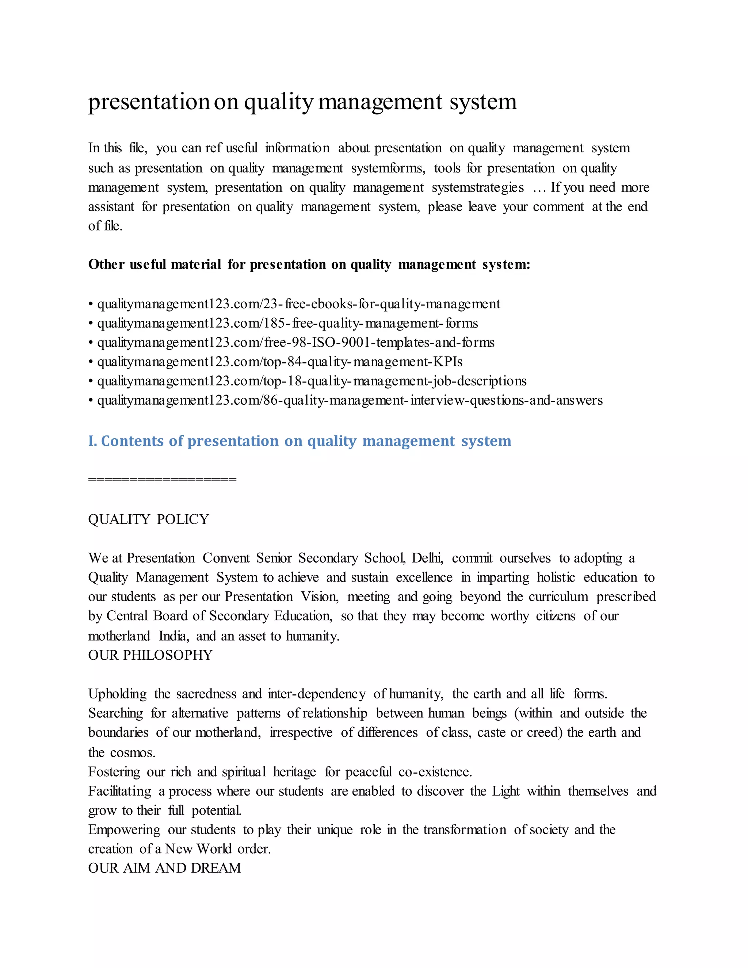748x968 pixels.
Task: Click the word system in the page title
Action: [x=483, y=102]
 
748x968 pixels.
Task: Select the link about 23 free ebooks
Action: [x=299, y=304]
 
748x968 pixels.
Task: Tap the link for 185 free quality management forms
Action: [x=287, y=323]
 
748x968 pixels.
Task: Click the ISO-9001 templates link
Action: [x=295, y=343]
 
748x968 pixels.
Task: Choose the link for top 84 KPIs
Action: [x=280, y=362]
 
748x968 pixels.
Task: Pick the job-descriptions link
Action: [x=312, y=381]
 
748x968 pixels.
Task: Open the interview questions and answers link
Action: [x=350, y=400]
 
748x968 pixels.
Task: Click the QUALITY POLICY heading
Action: [x=148, y=519]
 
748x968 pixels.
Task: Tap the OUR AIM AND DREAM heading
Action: [x=164, y=868]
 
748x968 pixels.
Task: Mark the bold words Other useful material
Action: [x=154, y=264]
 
